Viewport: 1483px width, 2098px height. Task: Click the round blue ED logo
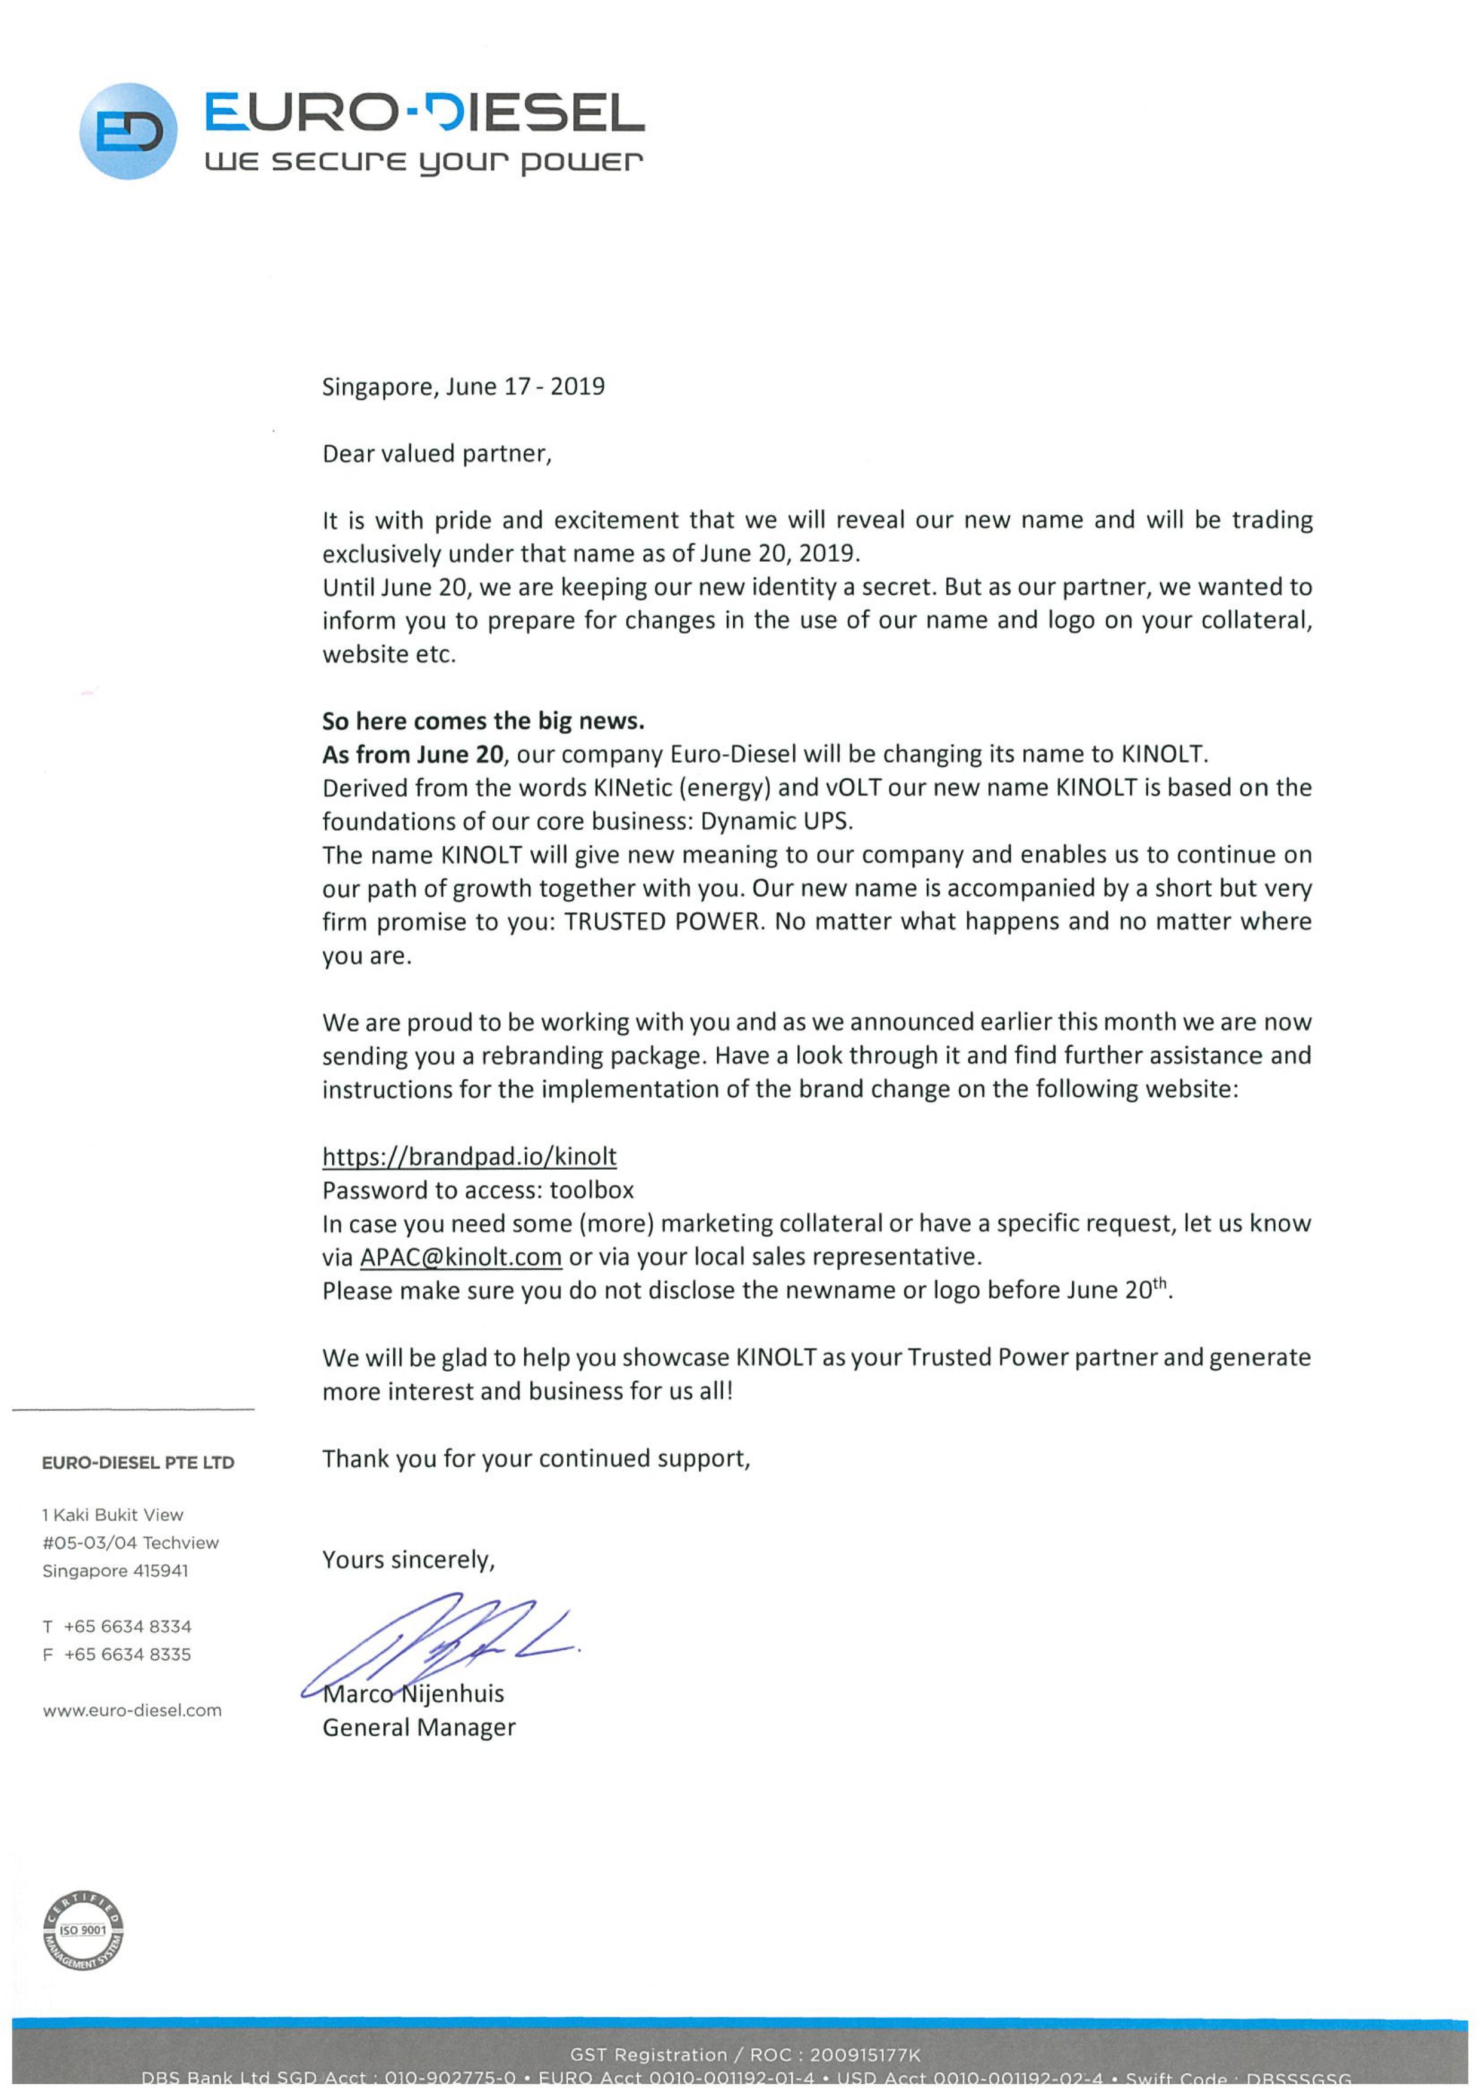pos(128,131)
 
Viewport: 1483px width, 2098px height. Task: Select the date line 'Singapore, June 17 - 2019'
pos(463,387)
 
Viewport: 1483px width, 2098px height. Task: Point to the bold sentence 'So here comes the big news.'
pos(482,721)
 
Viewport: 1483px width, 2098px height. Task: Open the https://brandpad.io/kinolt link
pos(469,1157)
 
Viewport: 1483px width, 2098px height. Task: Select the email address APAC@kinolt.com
pos(460,1258)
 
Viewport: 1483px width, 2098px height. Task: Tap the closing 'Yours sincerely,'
pos(408,1560)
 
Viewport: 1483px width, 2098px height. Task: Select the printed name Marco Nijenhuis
pos(414,1694)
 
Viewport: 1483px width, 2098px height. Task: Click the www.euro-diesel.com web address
pos(132,1711)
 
